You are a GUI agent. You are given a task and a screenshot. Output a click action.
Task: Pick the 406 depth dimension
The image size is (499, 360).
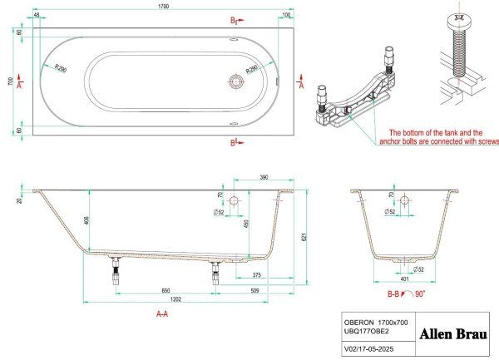click(86, 219)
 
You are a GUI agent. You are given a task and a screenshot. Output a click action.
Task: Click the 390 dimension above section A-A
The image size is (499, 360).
click(262, 179)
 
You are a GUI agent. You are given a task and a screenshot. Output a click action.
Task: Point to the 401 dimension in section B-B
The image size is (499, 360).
click(403, 280)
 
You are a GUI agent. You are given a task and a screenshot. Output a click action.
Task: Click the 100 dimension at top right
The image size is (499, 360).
click(286, 15)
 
